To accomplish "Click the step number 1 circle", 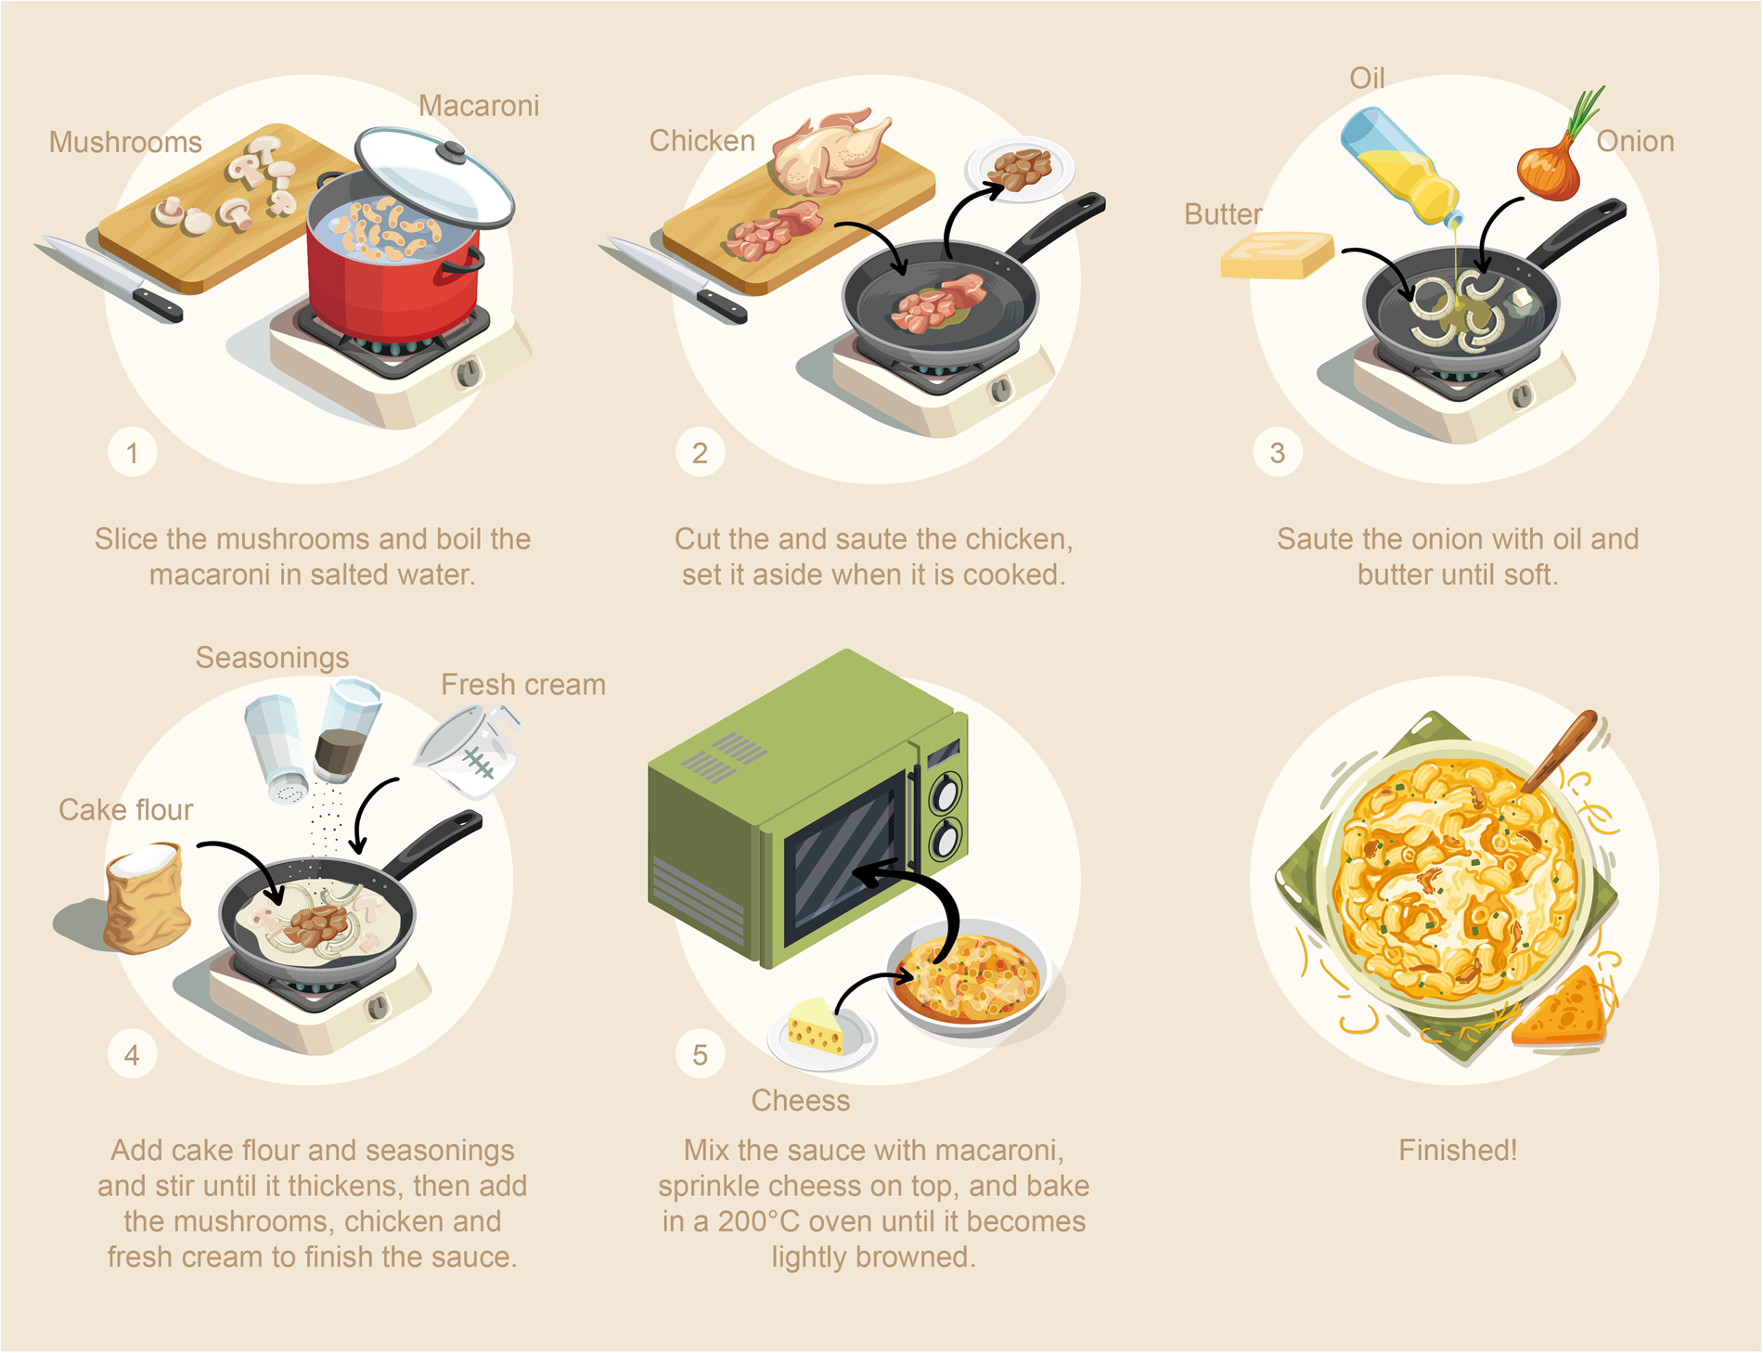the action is tap(132, 452).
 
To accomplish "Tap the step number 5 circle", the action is tap(700, 1054).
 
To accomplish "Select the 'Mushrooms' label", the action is tap(125, 142).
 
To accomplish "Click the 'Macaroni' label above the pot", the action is tap(479, 106).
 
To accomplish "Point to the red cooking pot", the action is tap(394, 269).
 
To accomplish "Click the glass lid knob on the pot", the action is tap(453, 150).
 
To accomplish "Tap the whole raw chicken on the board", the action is tap(829, 149).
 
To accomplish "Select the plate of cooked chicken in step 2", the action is tap(1020, 169).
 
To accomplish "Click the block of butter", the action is tap(1277, 254).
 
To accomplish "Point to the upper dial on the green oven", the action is tap(947, 793).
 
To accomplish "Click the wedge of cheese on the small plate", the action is tap(816, 1026).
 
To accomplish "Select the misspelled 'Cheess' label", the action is tap(800, 1101).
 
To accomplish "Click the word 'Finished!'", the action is tap(1458, 1151).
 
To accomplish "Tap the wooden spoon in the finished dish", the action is tap(1560, 751).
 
